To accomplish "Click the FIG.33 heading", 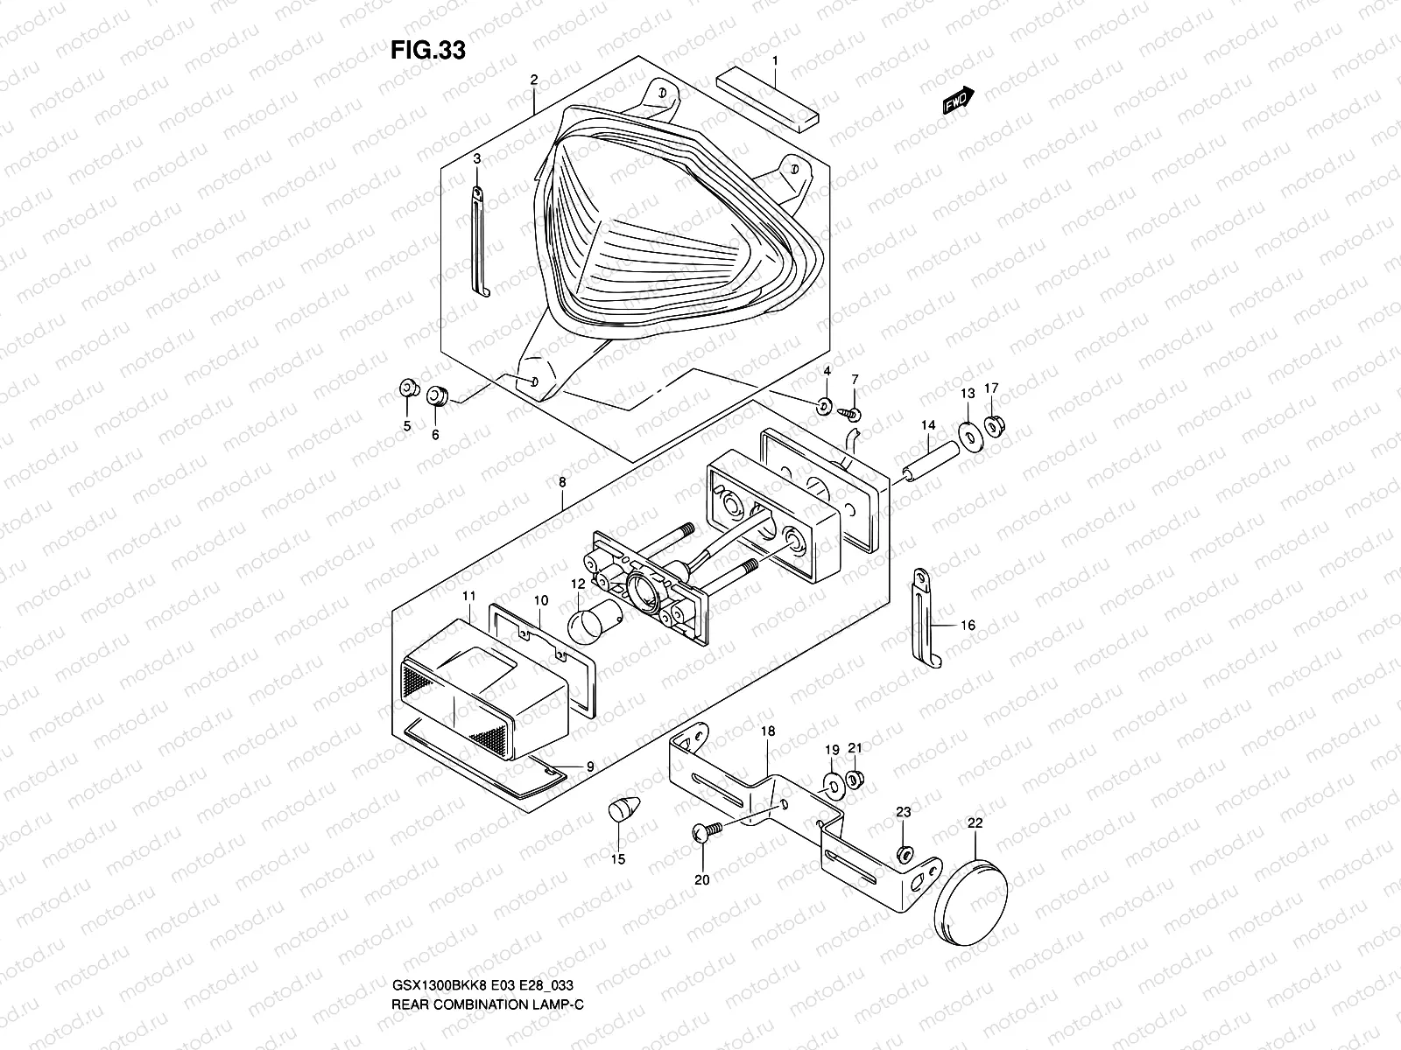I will (x=427, y=51).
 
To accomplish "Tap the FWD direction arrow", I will (x=959, y=101).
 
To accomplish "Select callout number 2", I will (x=533, y=80).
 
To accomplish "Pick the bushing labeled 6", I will (x=437, y=397).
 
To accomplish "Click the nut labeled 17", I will (x=994, y=426).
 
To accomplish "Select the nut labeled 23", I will (x=906, y=852).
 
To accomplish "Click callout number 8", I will (x=561, y=482).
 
